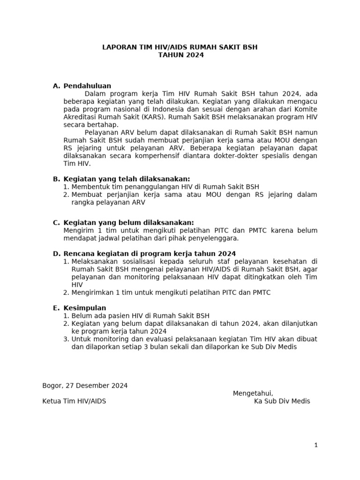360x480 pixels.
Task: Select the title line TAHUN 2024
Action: (180, 55)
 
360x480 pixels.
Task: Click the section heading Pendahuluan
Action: (87, 86)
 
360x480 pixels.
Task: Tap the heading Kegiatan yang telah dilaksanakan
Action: (127, 179)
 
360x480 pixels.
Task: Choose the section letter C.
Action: (56, 223)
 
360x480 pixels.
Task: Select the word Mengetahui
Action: (253, 393)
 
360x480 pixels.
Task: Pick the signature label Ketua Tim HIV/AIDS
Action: (74, 401)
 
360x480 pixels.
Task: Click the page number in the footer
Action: (316, 445)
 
